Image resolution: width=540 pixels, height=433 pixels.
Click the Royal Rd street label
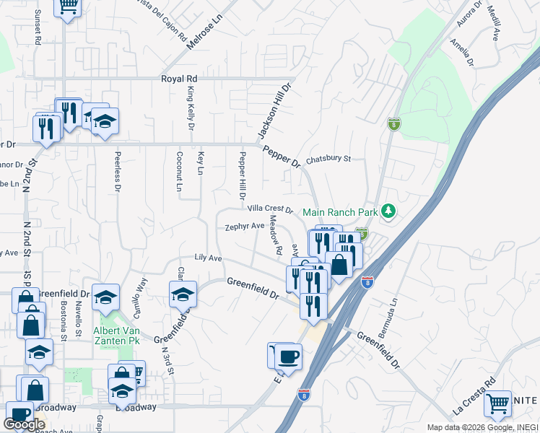click(179, 78)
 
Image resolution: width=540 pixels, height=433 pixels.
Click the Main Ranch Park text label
click(341, 212)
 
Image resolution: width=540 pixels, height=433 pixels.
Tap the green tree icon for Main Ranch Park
click(389, 211)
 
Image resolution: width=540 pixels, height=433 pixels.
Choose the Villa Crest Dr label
click(269, 209)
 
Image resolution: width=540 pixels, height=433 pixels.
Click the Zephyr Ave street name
click(245, 226)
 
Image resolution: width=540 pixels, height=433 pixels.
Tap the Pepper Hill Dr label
click(243, 176)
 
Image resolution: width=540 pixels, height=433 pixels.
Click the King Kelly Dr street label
click(191, 108)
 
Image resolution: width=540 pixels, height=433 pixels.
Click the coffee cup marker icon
click(288, 357)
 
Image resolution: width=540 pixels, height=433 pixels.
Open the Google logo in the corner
click(24, 424)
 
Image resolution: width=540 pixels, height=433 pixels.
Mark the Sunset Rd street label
click(38, 28)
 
